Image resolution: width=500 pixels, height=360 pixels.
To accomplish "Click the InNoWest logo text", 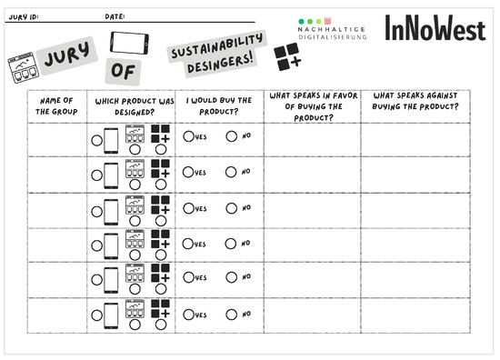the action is [435, 28].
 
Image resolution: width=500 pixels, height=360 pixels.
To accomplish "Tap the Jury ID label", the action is [24, 17].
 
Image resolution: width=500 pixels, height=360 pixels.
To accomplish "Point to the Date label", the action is [115, 16].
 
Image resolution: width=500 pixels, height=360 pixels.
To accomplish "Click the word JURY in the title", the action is [66, 55].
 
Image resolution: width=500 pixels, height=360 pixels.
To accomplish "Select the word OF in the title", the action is [123, 71].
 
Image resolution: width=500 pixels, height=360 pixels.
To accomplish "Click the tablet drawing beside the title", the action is [129, 43].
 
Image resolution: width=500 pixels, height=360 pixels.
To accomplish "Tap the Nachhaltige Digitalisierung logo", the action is [332, 29].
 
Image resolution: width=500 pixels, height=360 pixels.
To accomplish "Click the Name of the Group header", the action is [56, 106].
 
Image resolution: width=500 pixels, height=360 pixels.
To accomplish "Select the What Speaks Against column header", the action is [415, 101].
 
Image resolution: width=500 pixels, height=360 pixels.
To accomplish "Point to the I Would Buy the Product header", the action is [219, 105].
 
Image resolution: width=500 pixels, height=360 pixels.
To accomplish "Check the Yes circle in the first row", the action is [188, 136].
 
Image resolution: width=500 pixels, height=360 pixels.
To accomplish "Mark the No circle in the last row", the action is [232, 315].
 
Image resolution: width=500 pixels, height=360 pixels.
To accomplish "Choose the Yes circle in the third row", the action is [188, 208].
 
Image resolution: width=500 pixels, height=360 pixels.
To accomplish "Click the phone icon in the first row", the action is [111, 141].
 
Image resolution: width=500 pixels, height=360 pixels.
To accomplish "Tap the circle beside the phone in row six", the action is [97, 315].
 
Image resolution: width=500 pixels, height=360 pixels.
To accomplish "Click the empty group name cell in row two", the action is [57, 175].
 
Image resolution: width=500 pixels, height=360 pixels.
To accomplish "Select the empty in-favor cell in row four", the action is [313, 245].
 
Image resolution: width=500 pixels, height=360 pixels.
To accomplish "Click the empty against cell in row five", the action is [415, 280].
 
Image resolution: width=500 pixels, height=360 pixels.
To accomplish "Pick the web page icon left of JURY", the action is [24, 67].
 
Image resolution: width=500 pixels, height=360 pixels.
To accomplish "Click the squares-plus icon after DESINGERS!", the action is [287, 56].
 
